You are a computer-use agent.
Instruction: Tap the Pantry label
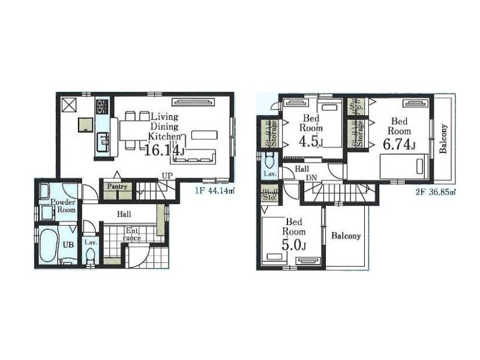coord(117,187)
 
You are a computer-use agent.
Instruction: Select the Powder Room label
coord(63,206)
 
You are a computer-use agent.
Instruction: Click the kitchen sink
coord(103,142)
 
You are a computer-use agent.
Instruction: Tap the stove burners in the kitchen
coord(103,107)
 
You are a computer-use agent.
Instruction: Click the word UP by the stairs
coord(167,176)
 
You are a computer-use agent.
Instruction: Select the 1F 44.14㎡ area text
coord(215,191)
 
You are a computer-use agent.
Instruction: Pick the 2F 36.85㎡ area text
coord(436,192)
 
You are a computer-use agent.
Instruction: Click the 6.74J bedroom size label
coord(399,145)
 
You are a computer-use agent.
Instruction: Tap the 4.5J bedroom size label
coord(311,142)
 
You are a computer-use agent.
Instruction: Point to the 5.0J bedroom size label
coord(294,245)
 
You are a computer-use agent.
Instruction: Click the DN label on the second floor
coord(311,178)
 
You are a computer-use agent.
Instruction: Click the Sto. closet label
coord(269,197)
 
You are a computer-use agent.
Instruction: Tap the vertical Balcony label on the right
coord(443,139)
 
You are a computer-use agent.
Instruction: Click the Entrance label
coord(132,234)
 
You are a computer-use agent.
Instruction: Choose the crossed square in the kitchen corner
coord(68,105)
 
